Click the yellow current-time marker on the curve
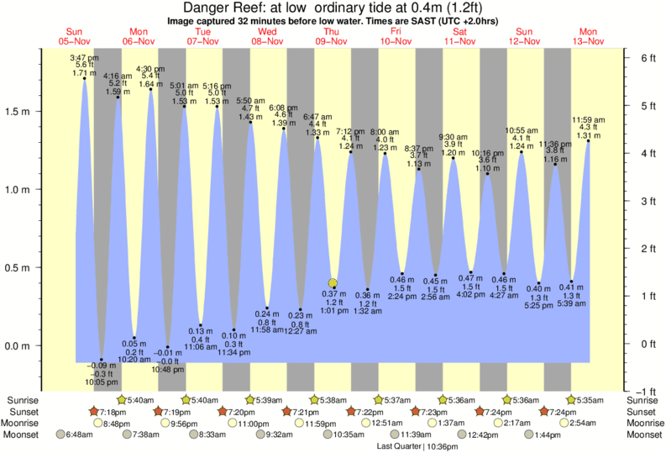pyautogui.click(x=333, y=283)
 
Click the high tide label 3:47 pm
pyautogui.click(x=81, y=57)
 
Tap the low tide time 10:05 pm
pyautogui.click(x=102, y=382)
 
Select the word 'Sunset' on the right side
pyautogui.click(x=643, y=412)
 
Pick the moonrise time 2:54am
pyautogui.click(x=591, y=424)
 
